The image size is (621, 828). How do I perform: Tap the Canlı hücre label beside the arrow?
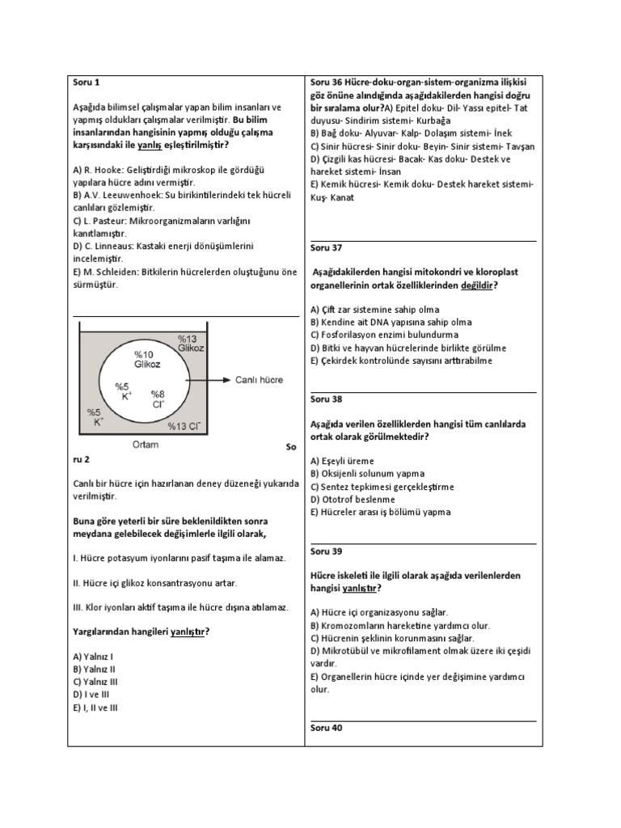pyautogui.click(x=259, y=379)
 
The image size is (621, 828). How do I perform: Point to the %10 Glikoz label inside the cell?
pyautogui.click(x=147, y=360)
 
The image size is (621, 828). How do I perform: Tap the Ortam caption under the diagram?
pyautogui.click(x=145, y=444)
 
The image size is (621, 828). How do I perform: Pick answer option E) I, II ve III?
pyautogui.click(x=95, y=708)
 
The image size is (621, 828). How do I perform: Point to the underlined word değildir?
pyautogui.click(x=475, y=285)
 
